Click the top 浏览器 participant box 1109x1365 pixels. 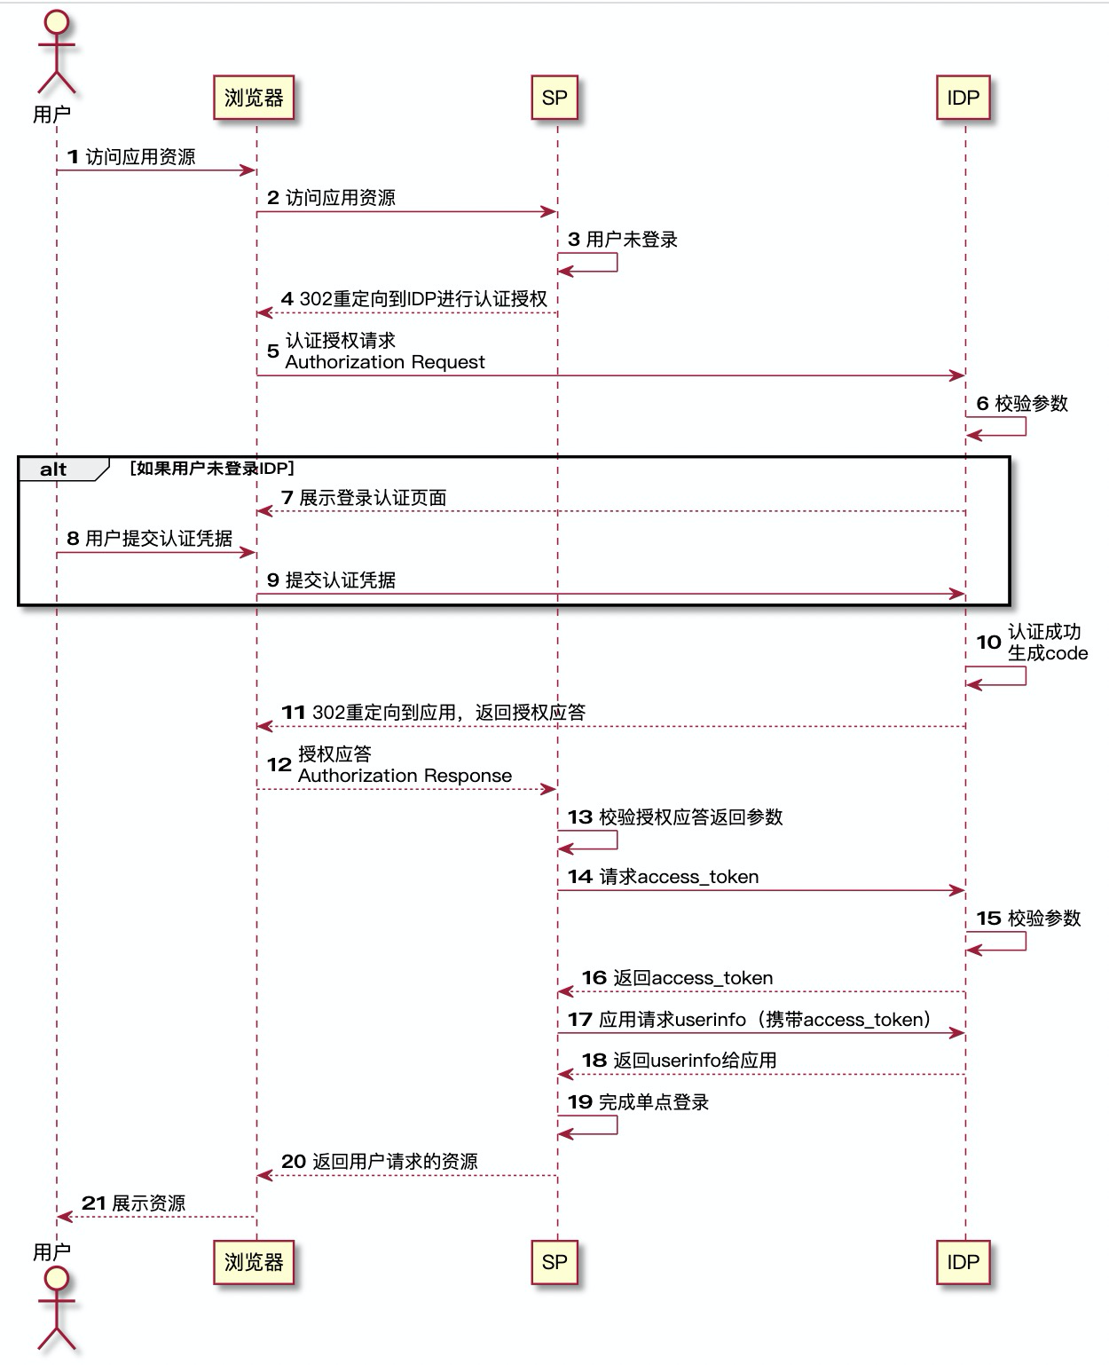(x=253, y=98)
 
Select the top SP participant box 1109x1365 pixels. (x=554, y=98)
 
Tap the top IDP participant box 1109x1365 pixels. (x=963, y=98)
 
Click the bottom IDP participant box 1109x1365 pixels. (x=963, y=1262)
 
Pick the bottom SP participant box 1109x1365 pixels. (x=554, y=1262)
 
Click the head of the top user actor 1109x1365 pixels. (x=56, y=21)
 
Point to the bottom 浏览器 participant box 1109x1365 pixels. (x=253, y=1262)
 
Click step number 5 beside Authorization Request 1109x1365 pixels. (x=273, y=351)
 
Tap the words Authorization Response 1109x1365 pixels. (x=405, y=776)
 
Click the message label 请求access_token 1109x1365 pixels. (x=679, y=877)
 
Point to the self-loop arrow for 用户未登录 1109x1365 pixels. (x=603, y=263)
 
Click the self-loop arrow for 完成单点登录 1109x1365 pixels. (x=603, y=1125)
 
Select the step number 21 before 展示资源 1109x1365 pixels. (x=94, y=1203)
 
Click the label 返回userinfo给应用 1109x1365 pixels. (x=695, y=1061)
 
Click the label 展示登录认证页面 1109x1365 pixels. (x=373, y=498)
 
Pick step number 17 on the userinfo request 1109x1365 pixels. (x=579, y=1020)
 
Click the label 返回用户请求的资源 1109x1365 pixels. (x=395, y=1162)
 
